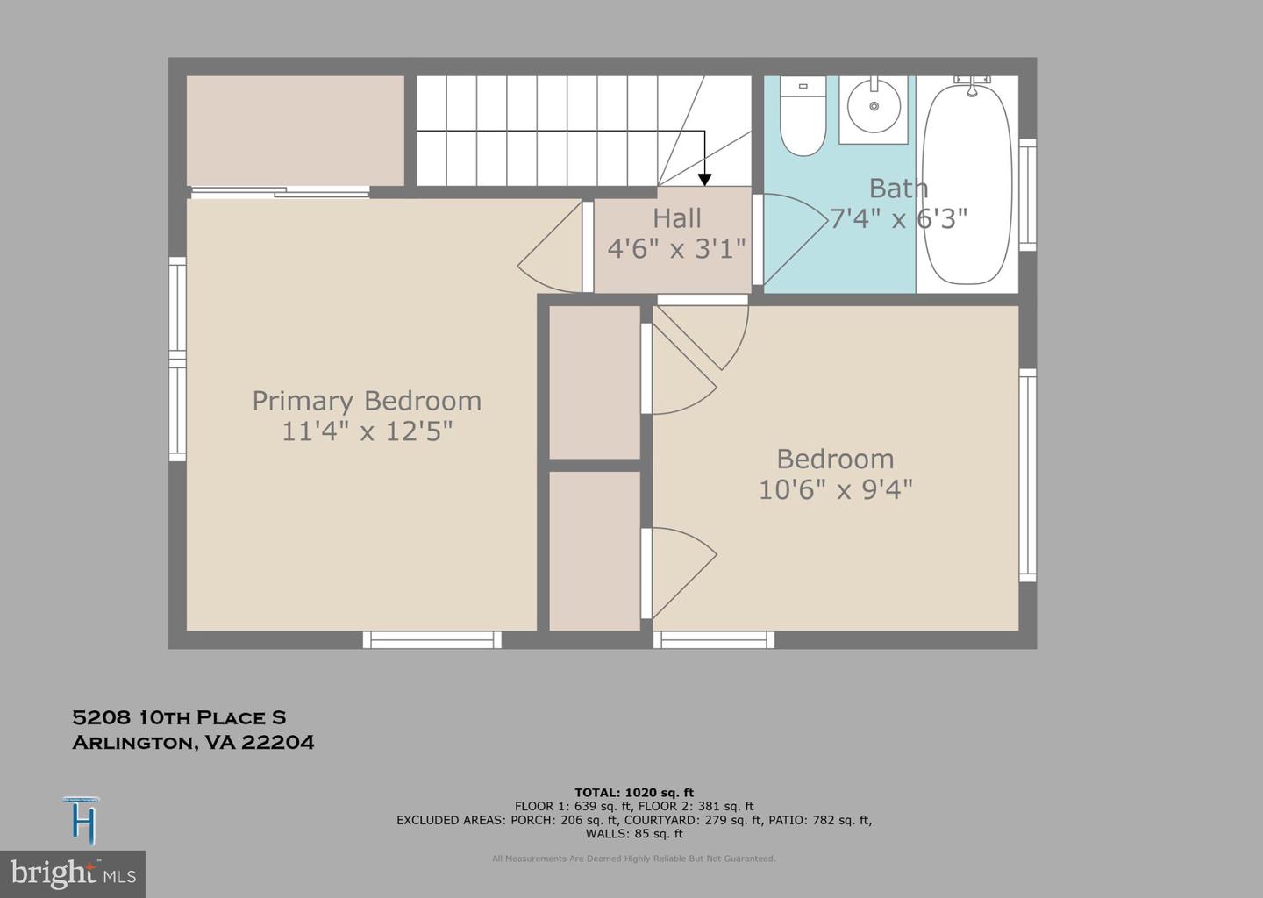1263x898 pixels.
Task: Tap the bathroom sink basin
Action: pyautogui.click(x=874, y=106)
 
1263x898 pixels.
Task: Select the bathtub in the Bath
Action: pyautogui.click(x=967, y=182)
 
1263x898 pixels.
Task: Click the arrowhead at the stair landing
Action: pyautogui.click(x=704, y=179)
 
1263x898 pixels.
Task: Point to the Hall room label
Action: pyautogui.click(x=676, y=217)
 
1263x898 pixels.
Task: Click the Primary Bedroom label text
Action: pyautogui.click(x=367, y=401)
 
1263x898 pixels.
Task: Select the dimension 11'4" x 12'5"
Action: pyautogui.click(x=367, y=431)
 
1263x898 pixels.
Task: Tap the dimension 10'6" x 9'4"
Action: pyautogui.click(x=835, y=489)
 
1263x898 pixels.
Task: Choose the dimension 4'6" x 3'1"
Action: pyautogui.click(x=676, y=248)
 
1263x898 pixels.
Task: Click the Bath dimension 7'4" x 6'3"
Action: pyautogui.click(x=898, y=218)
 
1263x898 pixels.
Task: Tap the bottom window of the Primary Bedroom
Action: pyautogui.click(x=432, y=640)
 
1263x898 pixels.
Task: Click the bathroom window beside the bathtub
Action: pyautogui.click(x=1027, y=195)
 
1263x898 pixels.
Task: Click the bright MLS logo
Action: pyautogui.click(x=73, y=873)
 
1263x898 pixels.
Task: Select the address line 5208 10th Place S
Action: pyautogui.click(x=179, y=717)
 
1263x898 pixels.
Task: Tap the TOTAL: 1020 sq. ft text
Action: pyautogui.click(x=633, y=793)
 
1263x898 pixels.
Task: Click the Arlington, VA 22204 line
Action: pyautogui.click(x=193, y=743)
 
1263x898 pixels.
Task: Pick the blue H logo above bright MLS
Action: pyautogui.click(x=82, y=821)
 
